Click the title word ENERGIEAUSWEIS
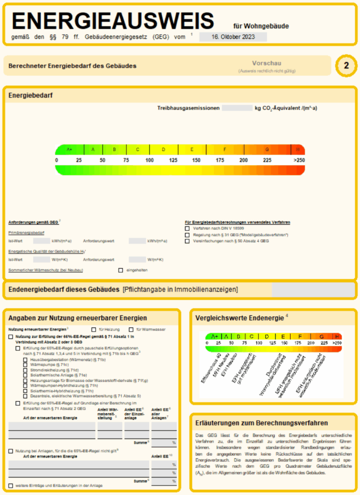113,21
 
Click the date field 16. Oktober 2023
233,37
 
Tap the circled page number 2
346,66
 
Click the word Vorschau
266,63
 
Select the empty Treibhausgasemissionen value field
237,108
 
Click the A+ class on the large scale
70,149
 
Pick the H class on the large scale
298,149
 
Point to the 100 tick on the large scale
150,160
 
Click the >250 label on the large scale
299,160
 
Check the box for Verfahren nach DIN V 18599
187,228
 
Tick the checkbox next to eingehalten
120,270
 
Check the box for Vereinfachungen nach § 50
187,241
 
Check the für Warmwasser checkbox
131,329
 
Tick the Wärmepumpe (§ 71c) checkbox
25,364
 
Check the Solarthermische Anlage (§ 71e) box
25,375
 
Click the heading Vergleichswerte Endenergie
240,318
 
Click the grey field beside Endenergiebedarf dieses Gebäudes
314,290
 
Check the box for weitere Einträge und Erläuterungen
11,485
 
